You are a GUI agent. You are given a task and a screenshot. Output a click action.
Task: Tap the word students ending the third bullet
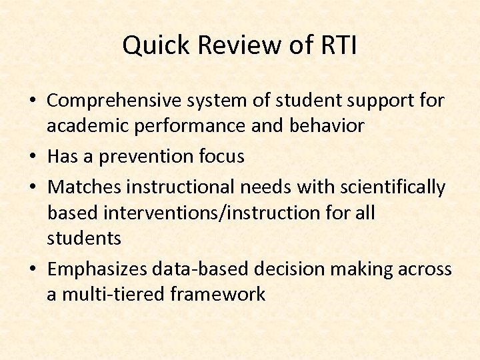coord(84,238)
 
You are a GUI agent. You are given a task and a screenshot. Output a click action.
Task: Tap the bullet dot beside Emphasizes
coord(33,269)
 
